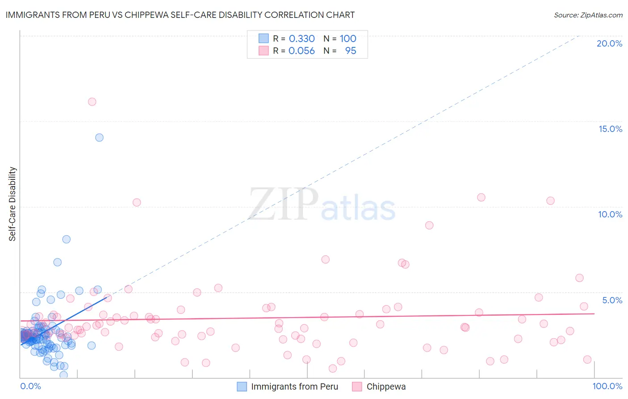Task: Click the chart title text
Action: click(x=180, y=15)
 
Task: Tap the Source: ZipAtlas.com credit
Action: click(x=588, y=15)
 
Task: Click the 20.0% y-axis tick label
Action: click(x=609, y=43)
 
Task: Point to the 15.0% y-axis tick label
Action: click(x=610, y=129)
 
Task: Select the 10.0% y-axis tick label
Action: click(x=610, y=214)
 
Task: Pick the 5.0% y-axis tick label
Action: click(x=612, y=300)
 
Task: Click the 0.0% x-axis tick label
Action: click(x=30, y=386)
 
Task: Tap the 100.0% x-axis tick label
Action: click(x=607, y=386)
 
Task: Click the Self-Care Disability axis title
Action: click(x=13, y=204)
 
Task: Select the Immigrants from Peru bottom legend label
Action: click(x=294, y=386)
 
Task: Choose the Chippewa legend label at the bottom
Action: click(x=386, y=386)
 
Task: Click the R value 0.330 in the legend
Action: click(x=301, y=38)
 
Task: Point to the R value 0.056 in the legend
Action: click(x=301, y=51)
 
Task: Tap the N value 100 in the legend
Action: click(x=348, y=38)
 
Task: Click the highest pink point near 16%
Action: click(x=92, y=102)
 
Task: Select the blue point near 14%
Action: click(x=99, y=137)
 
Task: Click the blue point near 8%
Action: click(x=66, y=239)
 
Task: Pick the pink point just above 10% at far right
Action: click(x=550, y=201)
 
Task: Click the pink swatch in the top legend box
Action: click(x=264, y=51)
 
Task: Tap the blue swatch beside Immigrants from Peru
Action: click(x=242, y=386)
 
